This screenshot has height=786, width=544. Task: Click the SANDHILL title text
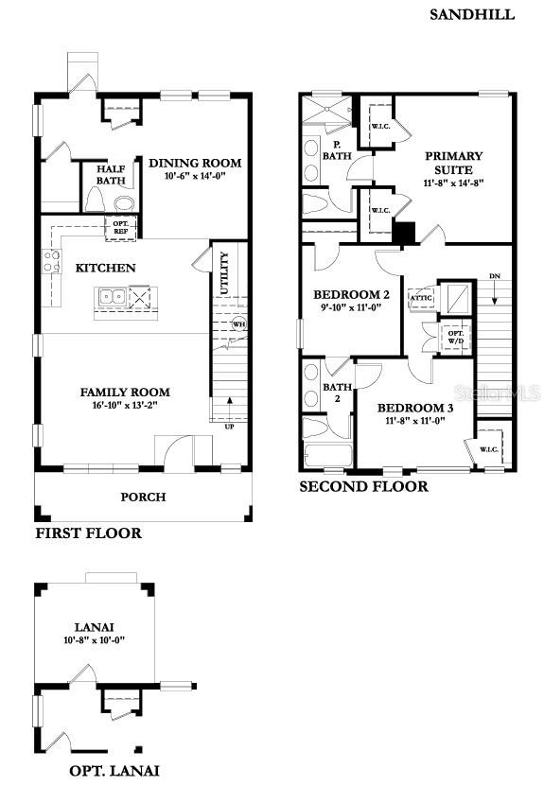[x=472, y=14]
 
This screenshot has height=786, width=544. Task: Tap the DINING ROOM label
[x=195, y=163]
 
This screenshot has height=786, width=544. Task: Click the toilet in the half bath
[x=95, y=199]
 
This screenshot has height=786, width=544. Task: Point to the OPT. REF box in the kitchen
[x=121, y=227]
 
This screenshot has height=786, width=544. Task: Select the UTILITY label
[x=224, y=273]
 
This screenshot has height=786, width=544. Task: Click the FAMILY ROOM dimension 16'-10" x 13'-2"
[x=125, y=405]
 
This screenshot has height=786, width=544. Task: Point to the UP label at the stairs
[x=229, y=426]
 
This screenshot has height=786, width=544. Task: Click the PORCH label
[x=143, y=497]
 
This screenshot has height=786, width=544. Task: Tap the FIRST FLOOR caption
[x=88, y=533]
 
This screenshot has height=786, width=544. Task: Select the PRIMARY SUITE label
[x=453, y=162]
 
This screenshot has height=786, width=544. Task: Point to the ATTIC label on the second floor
[x=420, y=298]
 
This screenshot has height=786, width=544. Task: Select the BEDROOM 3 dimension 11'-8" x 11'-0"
[x=415, y=422]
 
